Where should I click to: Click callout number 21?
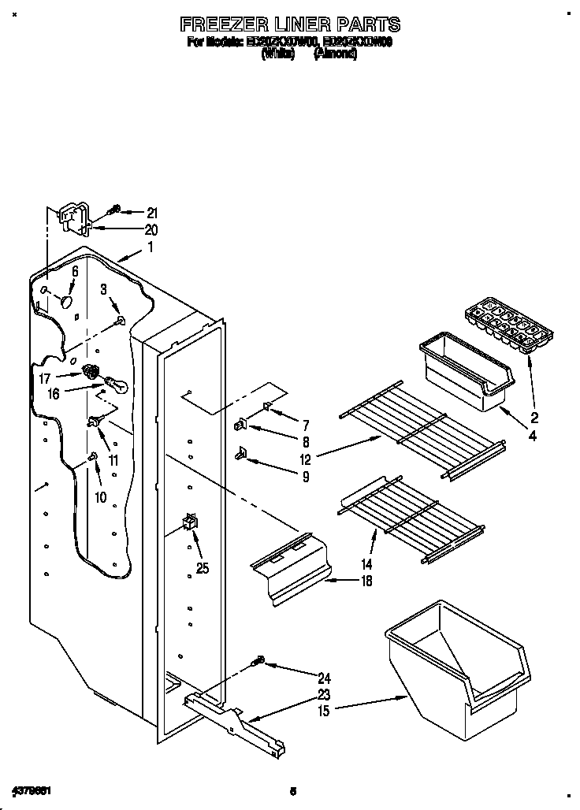coord(152,213)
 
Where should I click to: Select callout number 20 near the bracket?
coord(151,230)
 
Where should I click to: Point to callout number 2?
coord(534,418)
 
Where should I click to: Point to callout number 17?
coord(44,378)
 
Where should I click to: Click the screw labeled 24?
coord(259,663)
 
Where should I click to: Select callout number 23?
coord(324,694)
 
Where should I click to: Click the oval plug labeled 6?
coord(65,303)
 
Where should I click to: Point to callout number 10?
coord(99,497)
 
